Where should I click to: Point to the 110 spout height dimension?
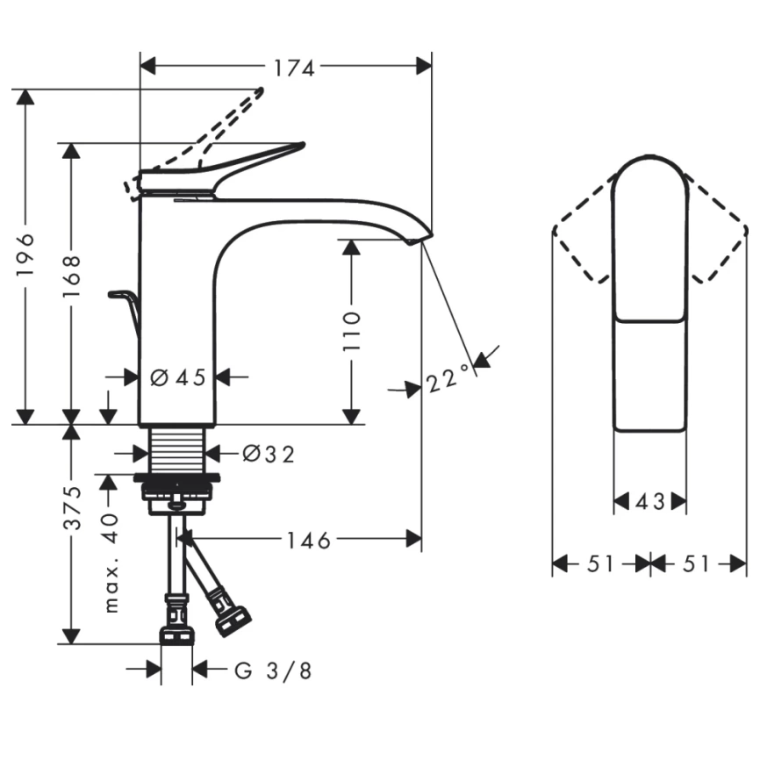tap(351, 330)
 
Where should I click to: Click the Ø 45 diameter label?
tap(177, 377)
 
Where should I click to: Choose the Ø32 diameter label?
tap(268, 454)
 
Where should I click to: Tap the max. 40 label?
tap(111, 562)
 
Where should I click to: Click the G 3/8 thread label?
tap(273, 671)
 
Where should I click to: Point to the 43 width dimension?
tap(649, 502)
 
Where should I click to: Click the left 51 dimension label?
tap(600, 564)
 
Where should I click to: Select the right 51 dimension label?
tap(696, 564)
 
